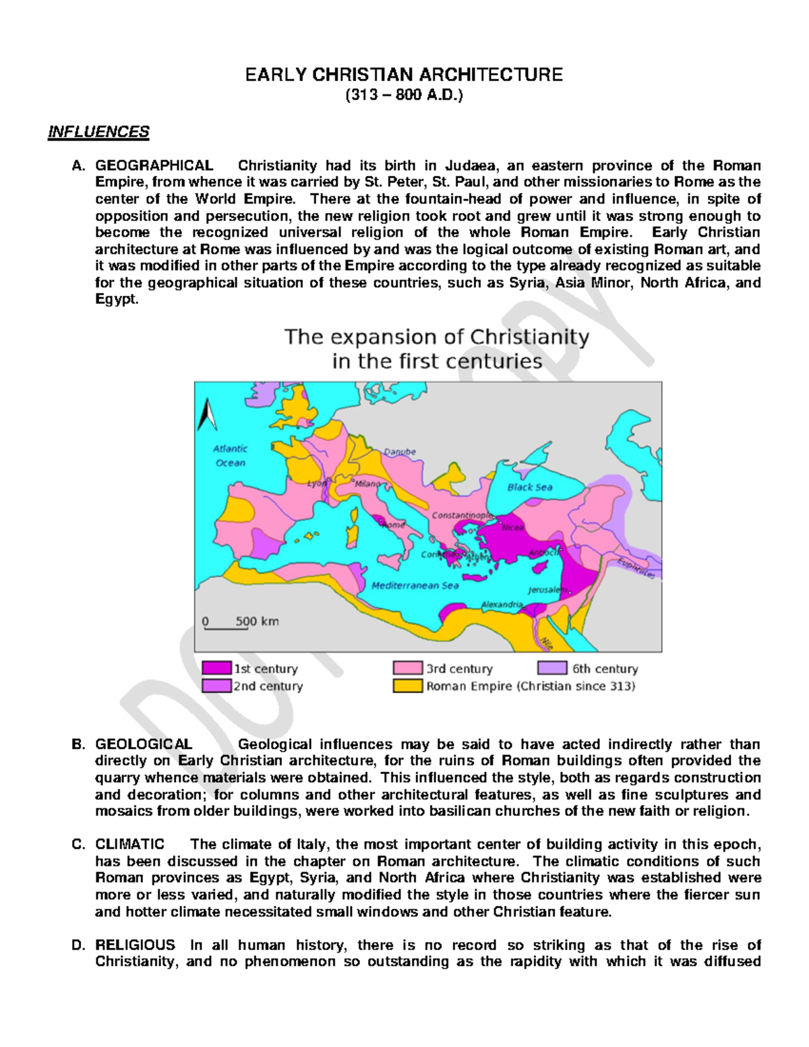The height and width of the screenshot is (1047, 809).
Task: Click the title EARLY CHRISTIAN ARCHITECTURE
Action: tap(404, 74)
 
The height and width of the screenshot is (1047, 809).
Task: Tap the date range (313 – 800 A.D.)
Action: tap(404, 95)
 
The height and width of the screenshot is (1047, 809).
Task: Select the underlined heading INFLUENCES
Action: tap(98, 131)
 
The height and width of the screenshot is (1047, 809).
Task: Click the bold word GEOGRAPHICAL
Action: tap(154, 166)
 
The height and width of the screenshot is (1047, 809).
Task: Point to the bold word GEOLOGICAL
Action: tap(144, 744)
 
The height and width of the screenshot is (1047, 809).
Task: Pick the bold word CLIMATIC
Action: tap(129, 844)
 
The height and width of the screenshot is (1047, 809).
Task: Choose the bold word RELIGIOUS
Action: tap(135, 945)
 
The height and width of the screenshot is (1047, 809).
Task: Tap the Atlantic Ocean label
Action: tap(231, 456)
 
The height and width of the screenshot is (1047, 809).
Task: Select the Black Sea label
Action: tap(530, 487)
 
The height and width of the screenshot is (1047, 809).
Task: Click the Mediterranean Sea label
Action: tap(415, 585)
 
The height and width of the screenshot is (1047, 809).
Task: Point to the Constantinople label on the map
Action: tap(462, 515)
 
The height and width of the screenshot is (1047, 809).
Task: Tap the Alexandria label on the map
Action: tap(502, 605)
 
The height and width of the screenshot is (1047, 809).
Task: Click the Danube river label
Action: tap(400, 452)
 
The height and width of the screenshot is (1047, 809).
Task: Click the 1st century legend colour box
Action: tap(216, 668)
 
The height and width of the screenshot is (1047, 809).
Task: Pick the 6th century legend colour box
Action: tap(552, 668)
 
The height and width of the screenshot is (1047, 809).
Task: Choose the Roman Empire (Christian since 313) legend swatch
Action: tap(408, 686)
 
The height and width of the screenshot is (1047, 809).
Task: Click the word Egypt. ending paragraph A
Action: tap(117, 299)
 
